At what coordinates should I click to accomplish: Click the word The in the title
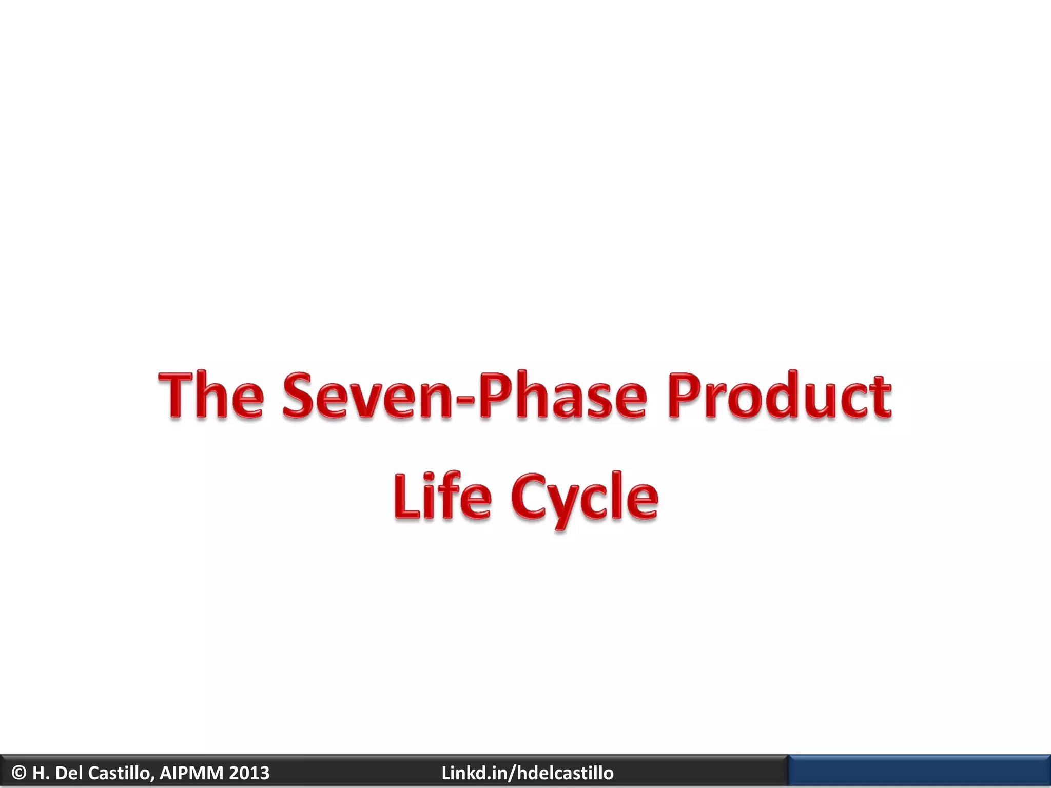tap(211, 395)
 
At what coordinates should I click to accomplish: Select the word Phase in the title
tap(562, 395)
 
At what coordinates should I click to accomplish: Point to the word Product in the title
tap(779, 395)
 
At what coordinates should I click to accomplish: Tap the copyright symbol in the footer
tap(19, 773)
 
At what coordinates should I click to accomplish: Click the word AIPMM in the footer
tap(191, 773)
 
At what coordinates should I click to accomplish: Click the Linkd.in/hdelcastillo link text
tap(527, 773)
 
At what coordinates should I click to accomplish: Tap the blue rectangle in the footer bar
tap(919, 771)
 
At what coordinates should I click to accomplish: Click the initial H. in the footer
tap(41, 773)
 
